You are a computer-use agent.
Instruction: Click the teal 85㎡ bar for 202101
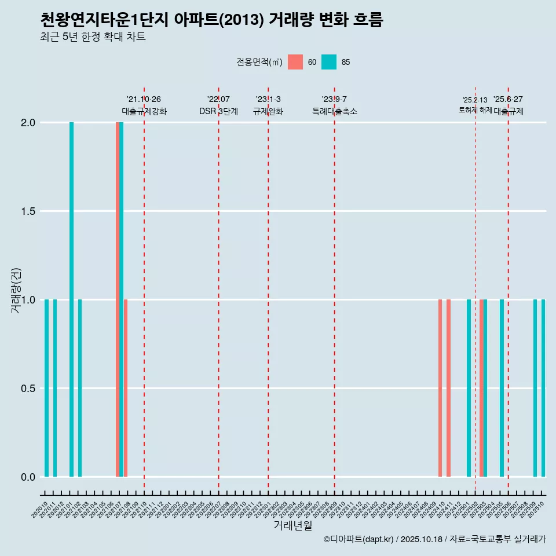tap(71, 299)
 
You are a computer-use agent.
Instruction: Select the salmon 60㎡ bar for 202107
tap(118, 299)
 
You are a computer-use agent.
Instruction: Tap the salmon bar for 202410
tap(440, 388)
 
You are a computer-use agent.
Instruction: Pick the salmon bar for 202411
tap(448, 388)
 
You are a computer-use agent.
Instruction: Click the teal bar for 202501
tap(469, 388)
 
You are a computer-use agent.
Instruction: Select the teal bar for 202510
tap(543, 388)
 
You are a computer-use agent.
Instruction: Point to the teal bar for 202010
tap(46, 388)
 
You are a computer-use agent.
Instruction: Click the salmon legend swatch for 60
tap(295, 62)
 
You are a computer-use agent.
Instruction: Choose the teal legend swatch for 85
tap(329, 62)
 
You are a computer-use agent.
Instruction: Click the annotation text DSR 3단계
tap(218, 111)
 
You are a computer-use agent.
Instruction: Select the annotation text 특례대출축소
tap(334, 111)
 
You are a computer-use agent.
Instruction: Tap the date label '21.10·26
tap(144, 99)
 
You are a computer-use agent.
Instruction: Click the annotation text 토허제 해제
tap(475, 110)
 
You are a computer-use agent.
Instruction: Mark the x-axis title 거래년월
tap(292, 526)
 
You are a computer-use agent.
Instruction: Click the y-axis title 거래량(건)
tap(16, 290)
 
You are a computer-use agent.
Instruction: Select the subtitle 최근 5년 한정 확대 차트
tap(93, 37)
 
